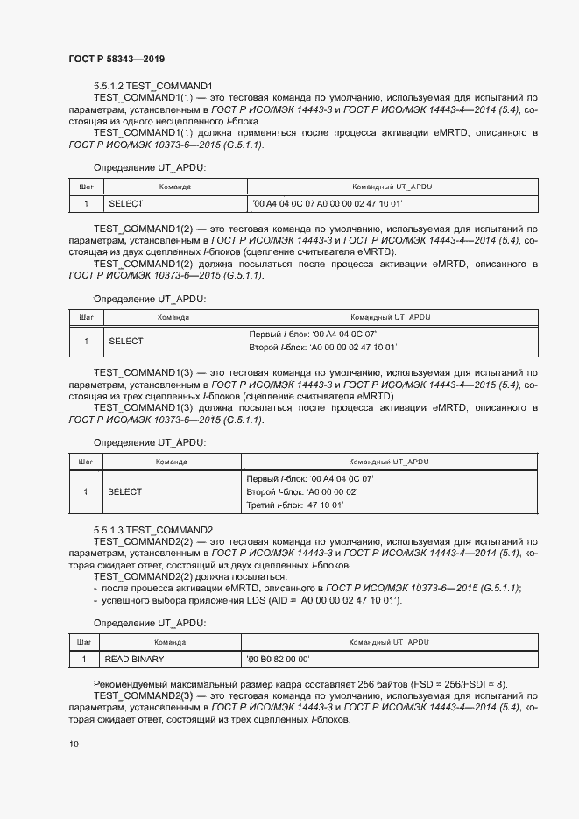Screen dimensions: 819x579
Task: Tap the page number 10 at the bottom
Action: [x=74, y=744]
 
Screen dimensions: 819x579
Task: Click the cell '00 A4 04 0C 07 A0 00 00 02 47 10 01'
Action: [x=326, y=203]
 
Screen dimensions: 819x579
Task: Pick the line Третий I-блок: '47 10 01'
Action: [x=296, y=505]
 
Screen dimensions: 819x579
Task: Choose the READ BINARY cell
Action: [x=134, y=659]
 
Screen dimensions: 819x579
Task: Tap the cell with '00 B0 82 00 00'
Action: [x=279, y=659]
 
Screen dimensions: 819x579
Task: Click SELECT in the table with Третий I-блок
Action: [x=124, y=492]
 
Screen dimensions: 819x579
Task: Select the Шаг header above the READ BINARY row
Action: [x=85, y=642]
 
